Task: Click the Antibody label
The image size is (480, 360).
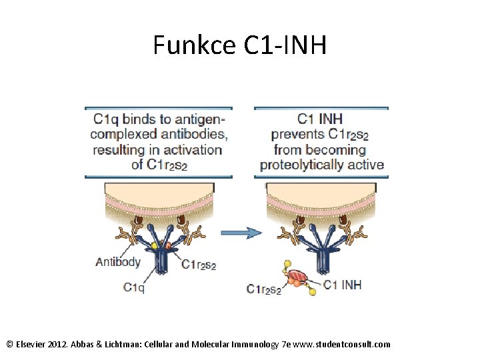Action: [x=118, y=261]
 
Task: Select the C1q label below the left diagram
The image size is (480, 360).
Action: [x=134, y=287]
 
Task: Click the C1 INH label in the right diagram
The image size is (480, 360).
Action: [x=342, y=285]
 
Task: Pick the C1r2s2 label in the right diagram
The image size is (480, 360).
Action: [x=264, y=289]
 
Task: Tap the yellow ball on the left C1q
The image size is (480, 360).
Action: [x=155, y=245]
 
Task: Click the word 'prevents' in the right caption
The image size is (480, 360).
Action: [x=298, y=135]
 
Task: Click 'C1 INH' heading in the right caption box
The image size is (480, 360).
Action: [x=320, y=119]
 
